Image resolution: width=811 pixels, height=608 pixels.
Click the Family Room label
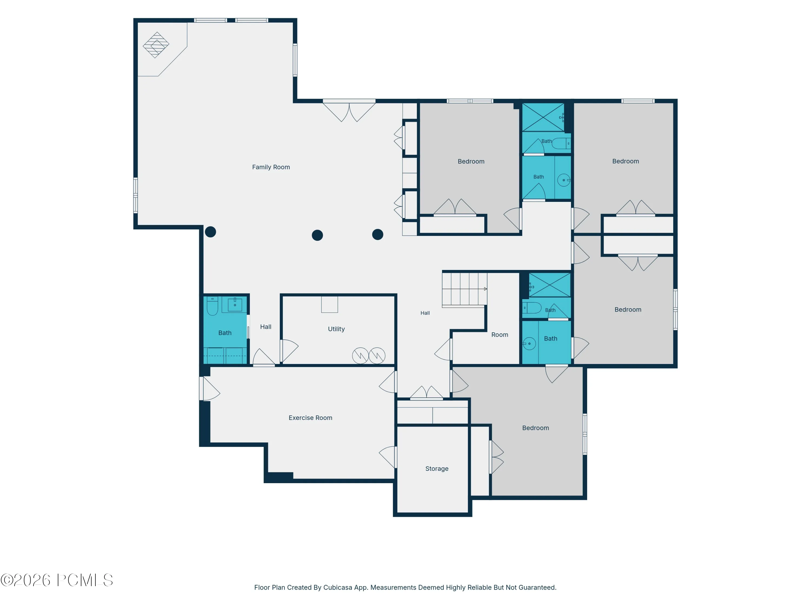pyautogui.click(x=271, y=167)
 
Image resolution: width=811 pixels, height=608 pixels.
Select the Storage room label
pyautogui.click(x=437, y=469)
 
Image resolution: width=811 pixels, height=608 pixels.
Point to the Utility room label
pyautogui.click(x=336, y=329)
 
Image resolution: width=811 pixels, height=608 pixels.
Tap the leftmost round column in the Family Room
pyautogui.click(x=210, y=232)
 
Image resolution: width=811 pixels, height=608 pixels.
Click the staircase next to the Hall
pyautogui.click(x=464, y=289)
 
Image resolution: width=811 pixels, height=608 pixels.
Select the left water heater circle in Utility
pyautogui.click(x=360, y=356)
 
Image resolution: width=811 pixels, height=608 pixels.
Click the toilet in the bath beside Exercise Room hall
pyautogui.click(x=212, y=306)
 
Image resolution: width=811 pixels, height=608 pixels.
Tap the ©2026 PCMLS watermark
pyautogui.click(x=57, y=580)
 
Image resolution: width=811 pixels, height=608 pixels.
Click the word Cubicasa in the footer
pyautogui.click(x=338, y=587)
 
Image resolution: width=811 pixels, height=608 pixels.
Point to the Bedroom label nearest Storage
pyautogui.click(x=535, y=428)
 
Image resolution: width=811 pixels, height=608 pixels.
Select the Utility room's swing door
pyautogui.click(x=289, y=351)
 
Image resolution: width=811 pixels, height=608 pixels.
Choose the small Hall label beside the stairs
pyautogui.click(x=425, y=313)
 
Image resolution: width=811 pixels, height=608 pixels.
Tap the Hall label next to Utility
pyautogui.click(x=266, y=327)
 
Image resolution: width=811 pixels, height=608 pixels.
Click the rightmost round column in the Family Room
pyautogui.click(x=378, y=235)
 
